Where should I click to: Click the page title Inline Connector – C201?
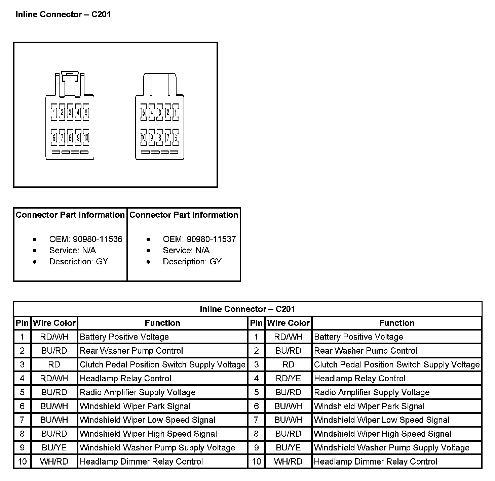(x=63, y=14)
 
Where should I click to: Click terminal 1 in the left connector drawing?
(x=54, y=113)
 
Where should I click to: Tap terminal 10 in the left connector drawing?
(x=86, y=137)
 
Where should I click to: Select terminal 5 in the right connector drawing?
(x=144, y=113)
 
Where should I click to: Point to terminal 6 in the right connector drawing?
(x=176, y=137)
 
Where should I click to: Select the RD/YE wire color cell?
(x=288, y=379)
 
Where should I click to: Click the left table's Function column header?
(x=162, y=323)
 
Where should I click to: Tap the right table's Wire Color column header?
(x=288, y=323)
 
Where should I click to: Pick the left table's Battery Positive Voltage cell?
(x=124, y=337)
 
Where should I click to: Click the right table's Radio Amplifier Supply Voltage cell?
(x=372, y=392)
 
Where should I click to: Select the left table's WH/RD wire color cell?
(x=54, y=462)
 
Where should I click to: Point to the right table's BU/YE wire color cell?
(x=288, y=448)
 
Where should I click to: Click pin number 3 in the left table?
(x=22, y=365)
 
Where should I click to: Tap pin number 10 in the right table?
(x=256, y=462)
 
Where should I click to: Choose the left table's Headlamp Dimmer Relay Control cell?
(x=141, y=462)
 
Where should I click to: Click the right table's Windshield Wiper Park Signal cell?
(x=369, y=406)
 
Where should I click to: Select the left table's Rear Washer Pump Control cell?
(x=131, y=351)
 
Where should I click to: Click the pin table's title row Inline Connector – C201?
(x=247, y=309)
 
